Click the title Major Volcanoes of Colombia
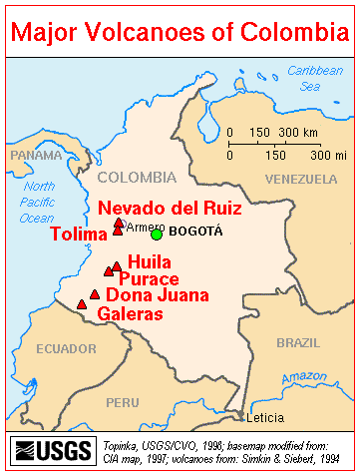click(x=180, y=32)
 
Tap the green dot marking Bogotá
click(x=157, y=234)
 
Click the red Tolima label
click(x=78, y=235)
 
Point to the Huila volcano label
click(x=147, y=261)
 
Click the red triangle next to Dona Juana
click(x=95, y=294)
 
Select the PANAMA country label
click(x=36, y=155)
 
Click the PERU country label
click(x=123, y=402)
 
